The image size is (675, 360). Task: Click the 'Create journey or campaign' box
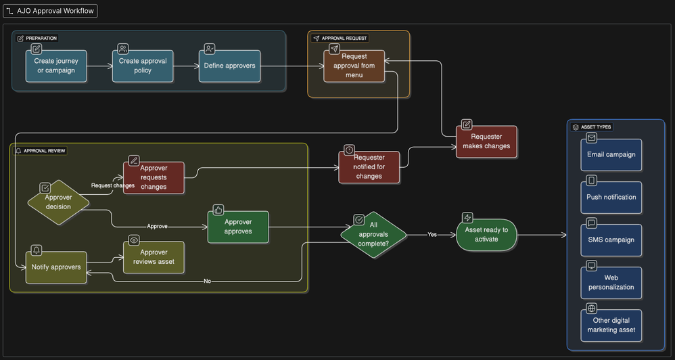(x=56, y=66)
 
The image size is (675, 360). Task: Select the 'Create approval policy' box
(x=143, y=66)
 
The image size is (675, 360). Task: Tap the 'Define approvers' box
(x=229, y=66)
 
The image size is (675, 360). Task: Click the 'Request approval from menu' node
(x=354, y=66)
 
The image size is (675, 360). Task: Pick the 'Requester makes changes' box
(x=486, y=141)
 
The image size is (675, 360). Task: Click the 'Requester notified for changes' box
(x=369, y=166)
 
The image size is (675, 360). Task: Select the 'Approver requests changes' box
(x=154, y=177)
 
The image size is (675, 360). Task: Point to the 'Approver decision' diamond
(x=58, y=202)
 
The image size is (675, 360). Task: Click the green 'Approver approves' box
(x=238, y=227)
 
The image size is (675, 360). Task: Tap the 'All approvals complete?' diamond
(x=373, y=234)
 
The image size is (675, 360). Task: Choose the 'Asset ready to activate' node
(x=486, y=234)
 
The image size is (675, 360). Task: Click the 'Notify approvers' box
(x=56, y=267)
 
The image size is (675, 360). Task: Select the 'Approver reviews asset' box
(x=154, y=257)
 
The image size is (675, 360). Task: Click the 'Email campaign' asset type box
(x=611, y=154)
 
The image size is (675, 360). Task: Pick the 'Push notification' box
(x=611, y=197)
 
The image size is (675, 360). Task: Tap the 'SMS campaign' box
(x=611, y=240)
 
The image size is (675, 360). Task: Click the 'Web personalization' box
(x=611, y=282)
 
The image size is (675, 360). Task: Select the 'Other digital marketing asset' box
(x=611, y=325)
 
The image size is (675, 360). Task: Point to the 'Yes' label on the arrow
(x=432, y=235)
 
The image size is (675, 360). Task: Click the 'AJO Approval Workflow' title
(x=51, y=12)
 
